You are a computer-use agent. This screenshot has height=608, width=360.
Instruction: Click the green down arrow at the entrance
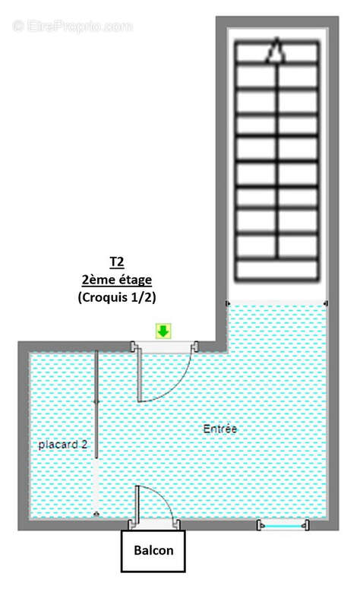163,331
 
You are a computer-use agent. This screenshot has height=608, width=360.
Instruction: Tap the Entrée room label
220,429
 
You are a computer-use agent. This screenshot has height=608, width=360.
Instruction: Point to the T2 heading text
116,262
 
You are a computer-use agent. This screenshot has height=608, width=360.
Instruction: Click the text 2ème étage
116,280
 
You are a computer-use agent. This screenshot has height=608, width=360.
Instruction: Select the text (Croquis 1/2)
116,298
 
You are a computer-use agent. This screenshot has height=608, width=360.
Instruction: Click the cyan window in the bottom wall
283,524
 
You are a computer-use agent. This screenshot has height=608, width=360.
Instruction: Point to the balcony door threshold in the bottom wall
154,524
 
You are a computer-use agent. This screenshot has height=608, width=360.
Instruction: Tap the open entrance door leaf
139,376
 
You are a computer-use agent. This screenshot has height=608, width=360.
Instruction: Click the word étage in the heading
132,280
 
